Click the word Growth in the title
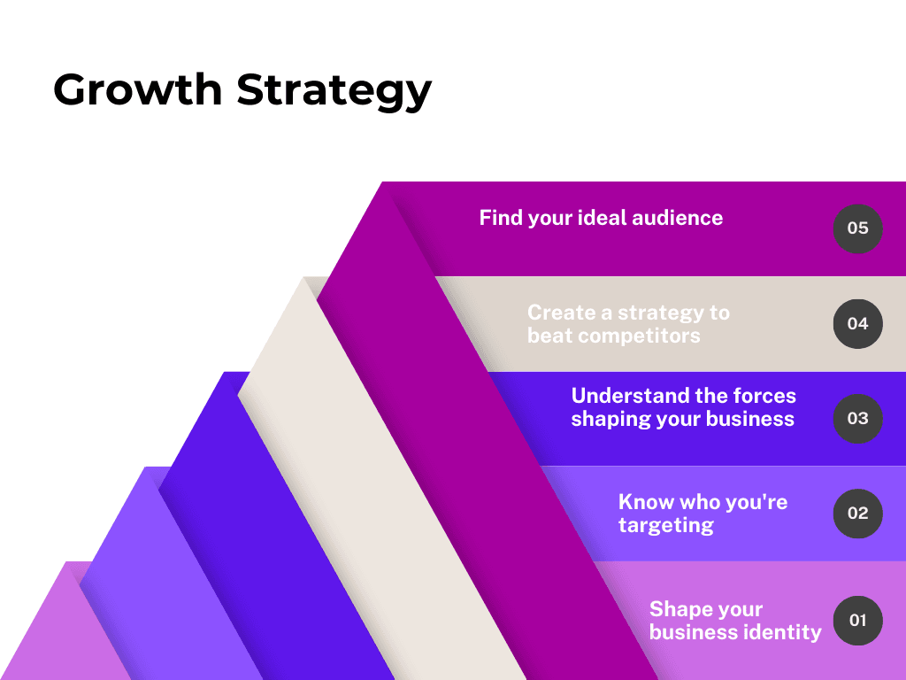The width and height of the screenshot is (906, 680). (x=137, y=89)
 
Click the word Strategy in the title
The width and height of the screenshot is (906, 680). (x=334, y=91)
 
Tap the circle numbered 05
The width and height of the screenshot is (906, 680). (x=858, y=228)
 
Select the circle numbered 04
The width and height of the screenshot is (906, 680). (x=858, y=324)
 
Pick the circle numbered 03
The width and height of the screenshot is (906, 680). (x=858, y=419)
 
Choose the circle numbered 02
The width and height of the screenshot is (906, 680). (x=858, y=514)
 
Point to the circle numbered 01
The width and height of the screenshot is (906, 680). (x=858, y=621)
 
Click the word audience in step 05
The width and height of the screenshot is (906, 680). (x=677, y=218)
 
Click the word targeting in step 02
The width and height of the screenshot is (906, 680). (x=666, y=526)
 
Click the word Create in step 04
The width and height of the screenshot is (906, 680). (x=562, y=313)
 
